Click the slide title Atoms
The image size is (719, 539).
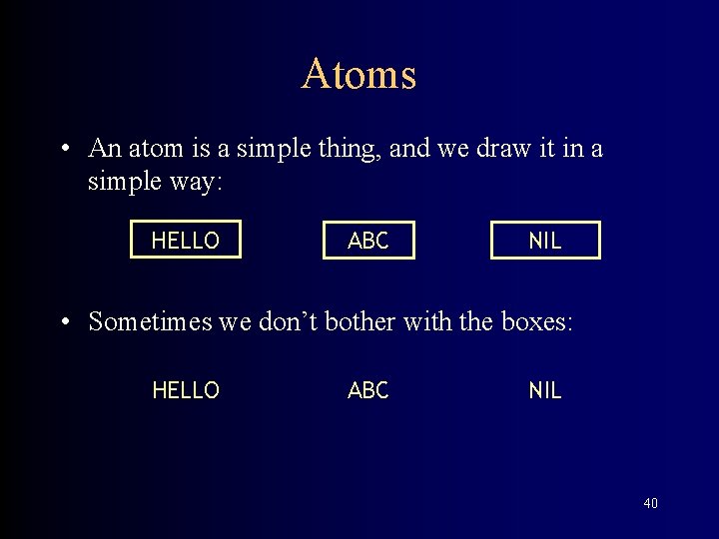tap(359, 75)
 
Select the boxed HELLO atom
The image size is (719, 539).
tap(186, 241)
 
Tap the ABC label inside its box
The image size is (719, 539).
tap(367, 241)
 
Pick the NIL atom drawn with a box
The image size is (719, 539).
tap(545, 241)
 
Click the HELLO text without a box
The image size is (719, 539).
tap(186, 391)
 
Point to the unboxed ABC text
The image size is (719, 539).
tap(367, 391)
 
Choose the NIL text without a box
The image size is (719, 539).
tap(545, 391)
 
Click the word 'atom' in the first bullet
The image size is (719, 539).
tap(152, 149)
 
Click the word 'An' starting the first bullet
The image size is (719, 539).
tap(103, 149)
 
